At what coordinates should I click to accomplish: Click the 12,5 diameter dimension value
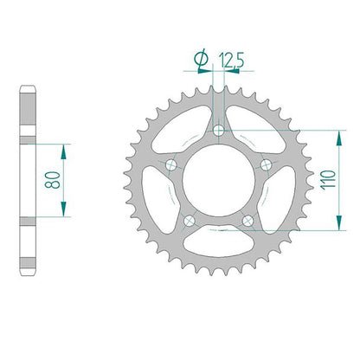coord(232,60)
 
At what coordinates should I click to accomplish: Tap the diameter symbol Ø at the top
coord(202,59)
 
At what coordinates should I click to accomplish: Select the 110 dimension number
coord(329,180)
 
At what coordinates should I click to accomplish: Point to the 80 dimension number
coord(53,180)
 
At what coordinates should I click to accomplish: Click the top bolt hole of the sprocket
coord(219,130)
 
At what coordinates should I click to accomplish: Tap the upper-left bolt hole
coord(171,164)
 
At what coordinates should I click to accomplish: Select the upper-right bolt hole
coord(266,164)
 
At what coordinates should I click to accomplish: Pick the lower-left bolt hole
coord(190,221)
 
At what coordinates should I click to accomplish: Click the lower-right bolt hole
coord(247,221)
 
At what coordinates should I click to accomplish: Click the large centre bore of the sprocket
coord(219,180)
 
